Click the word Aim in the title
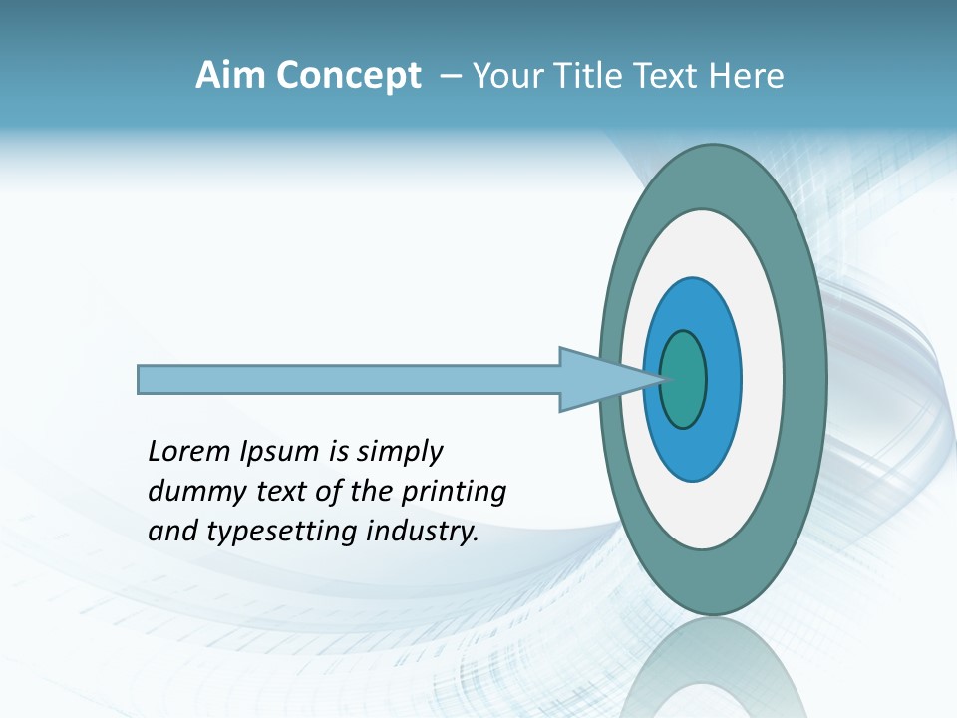click(x=232, y=76)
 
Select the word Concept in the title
click(x=349, y=76)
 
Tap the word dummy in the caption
click(x=188, y=492)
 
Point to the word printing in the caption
click(x=453, y=492)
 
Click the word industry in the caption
click(x=423, y=532)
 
